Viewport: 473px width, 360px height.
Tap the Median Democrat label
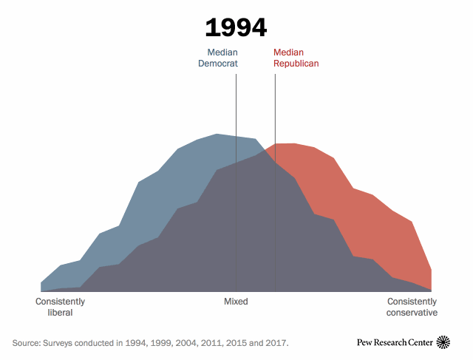(x=217, y=58)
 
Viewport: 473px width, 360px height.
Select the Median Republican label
(x=296, y=58)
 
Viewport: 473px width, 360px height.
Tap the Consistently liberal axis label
(x=60, y=307)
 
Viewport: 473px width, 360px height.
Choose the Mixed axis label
(x=236, y=302)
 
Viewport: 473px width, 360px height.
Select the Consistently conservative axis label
(x=412, y=307)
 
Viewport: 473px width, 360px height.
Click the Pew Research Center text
(x=395, y=342)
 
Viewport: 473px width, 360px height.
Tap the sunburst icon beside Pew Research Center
(x=443, y=342)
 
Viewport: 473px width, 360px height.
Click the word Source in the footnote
(x=27, y=343)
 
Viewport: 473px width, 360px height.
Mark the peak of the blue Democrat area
(x=217, y=135)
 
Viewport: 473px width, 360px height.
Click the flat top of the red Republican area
(x=286, y=145)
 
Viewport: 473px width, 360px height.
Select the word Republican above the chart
(x=296, y=64)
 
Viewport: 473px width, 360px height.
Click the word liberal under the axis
(x=60, y=313)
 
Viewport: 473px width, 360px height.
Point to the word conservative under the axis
(x=412, y=313)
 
